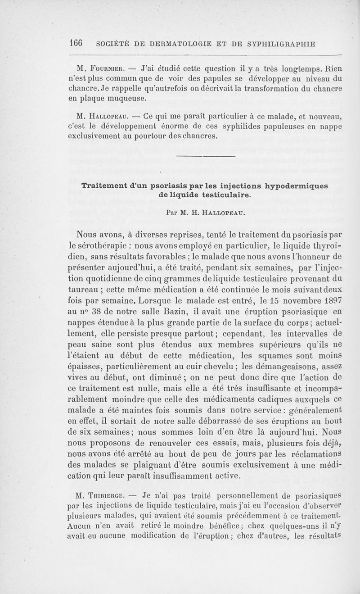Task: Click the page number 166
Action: pyautogui.click(x=79, y=44)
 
